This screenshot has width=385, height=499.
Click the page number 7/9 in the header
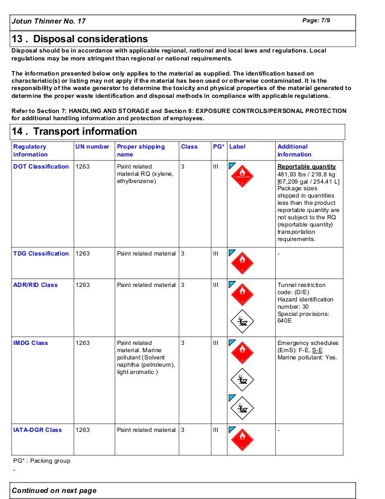click(x=316, y=21)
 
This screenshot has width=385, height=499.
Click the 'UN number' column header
click(x=92, y=147)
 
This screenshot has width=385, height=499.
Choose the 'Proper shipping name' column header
click(x=141, y=150)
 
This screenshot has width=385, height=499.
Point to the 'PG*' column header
click(x=218, y=147)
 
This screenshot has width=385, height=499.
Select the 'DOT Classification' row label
click(x=41, y=167)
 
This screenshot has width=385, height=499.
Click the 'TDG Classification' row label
click(x=41, y=254)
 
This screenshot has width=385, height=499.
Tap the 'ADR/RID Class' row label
click(x=36, y=285)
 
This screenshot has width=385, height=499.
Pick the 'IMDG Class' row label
click(x=31, y=343)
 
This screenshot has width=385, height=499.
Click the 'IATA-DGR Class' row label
click(x=37, y=430)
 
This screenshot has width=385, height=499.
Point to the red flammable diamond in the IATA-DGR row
click(x=243, y=439)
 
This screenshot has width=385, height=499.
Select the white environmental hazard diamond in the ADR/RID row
click(x=243, y=321)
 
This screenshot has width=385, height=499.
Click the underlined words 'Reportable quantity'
click(x=307, y=167)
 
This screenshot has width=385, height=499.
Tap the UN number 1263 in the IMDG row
click(x=83, y=343)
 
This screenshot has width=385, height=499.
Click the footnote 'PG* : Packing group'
click(x=42, y=461)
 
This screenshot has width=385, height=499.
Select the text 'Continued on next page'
click(x=54, y=491)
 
